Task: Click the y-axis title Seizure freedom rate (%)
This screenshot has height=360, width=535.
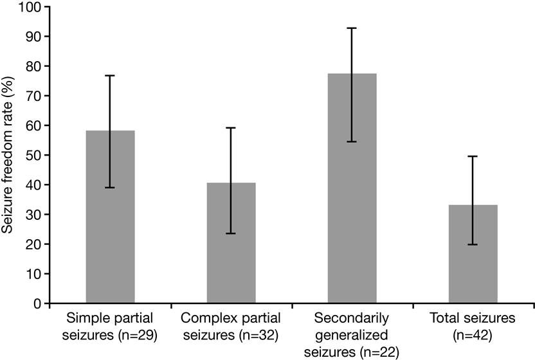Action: [8, 154]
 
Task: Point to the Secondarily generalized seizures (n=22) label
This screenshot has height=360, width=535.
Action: [352, 335]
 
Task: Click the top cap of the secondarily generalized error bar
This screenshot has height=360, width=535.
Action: [352, 28]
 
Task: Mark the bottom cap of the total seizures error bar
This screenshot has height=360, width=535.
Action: [473, 244]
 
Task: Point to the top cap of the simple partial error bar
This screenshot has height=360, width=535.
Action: [110, 76]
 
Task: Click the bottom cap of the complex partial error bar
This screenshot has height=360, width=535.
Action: [231, 233]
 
